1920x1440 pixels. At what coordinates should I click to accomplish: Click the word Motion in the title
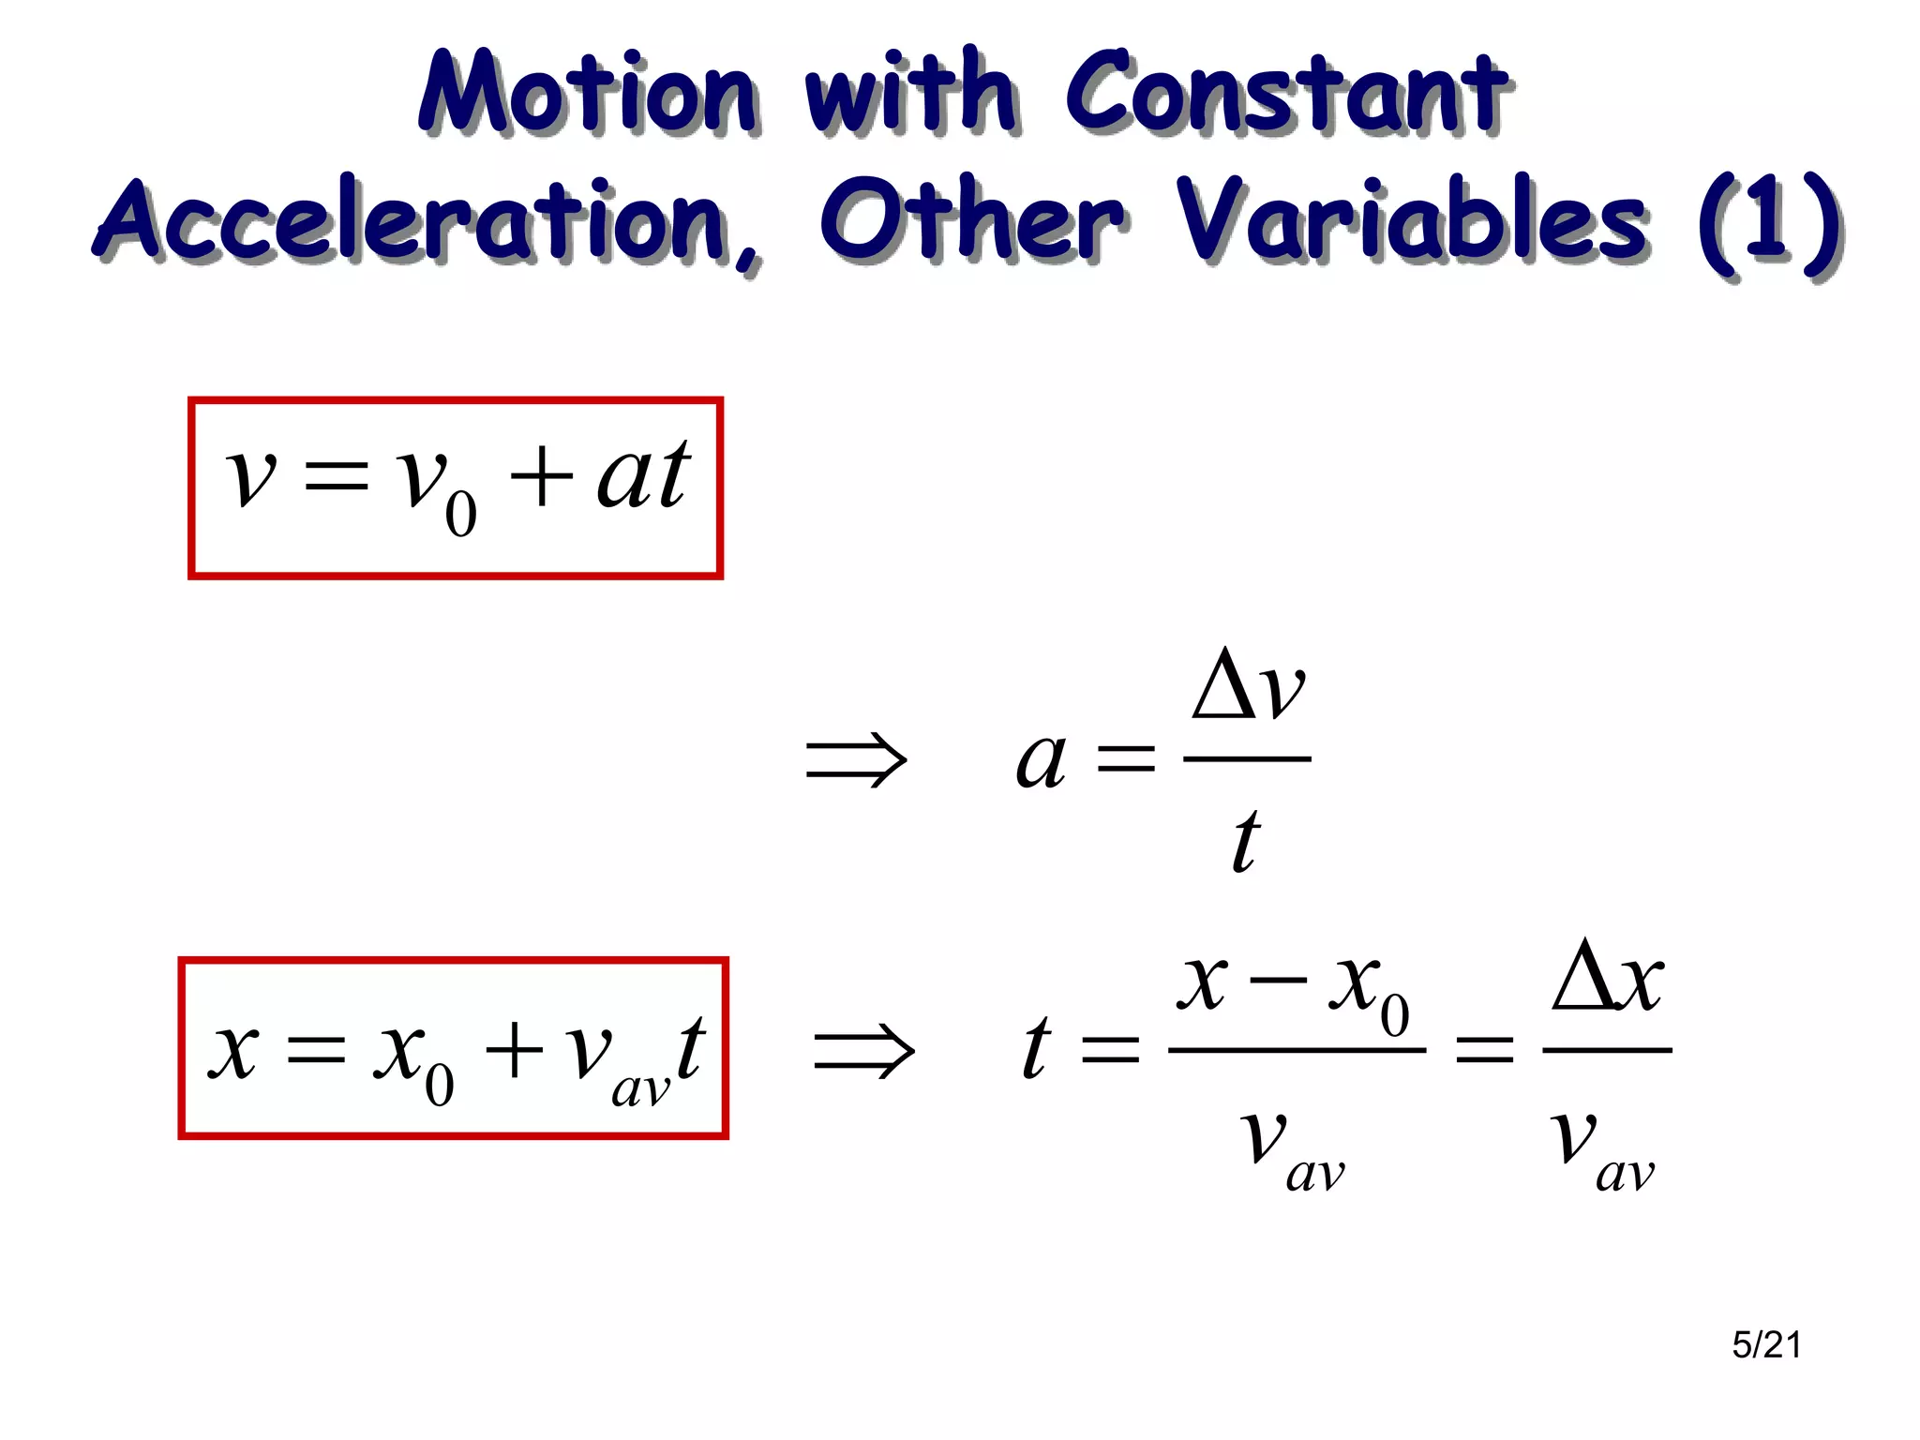588,94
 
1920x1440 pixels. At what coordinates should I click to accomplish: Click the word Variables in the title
1411,221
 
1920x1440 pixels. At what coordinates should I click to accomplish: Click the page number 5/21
1766,1345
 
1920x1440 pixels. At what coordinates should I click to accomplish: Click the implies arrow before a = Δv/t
856,759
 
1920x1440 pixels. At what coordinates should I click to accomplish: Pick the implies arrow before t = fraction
863,1050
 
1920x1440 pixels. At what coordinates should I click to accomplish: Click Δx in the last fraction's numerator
1607,980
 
